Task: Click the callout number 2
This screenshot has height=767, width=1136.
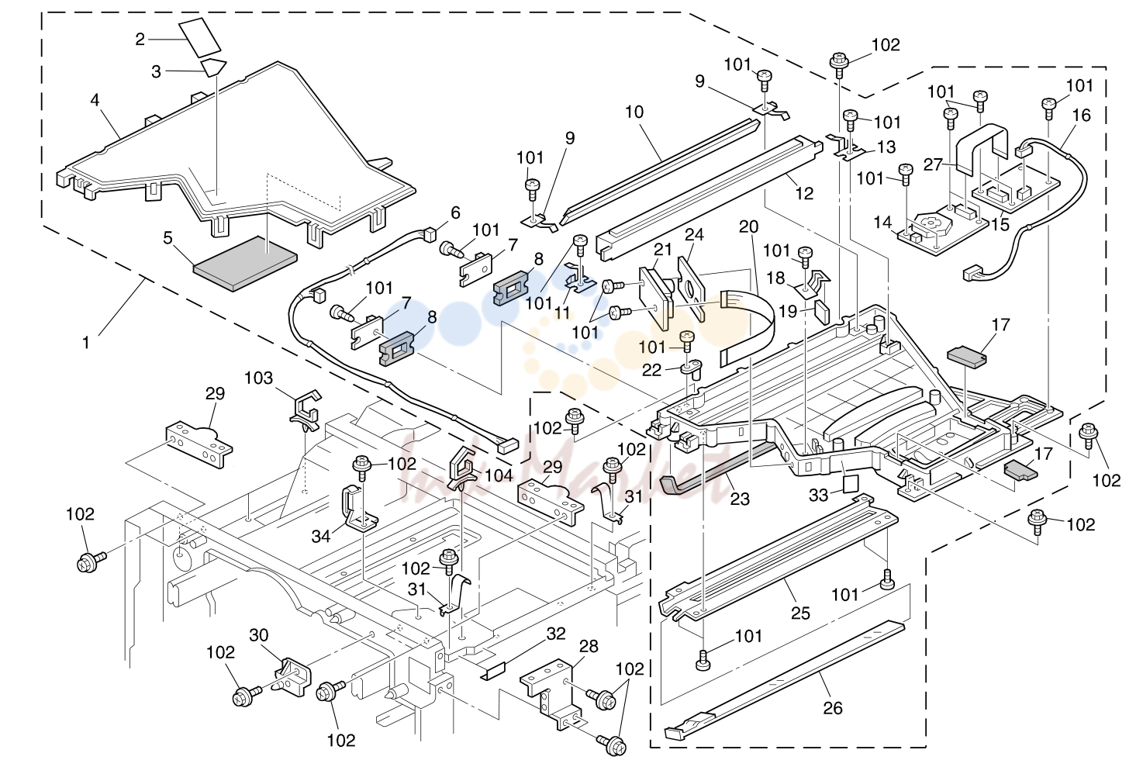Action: pyautogui.click(x=140, y=39)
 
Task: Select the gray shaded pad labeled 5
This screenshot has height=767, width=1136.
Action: pyautogui.click(x=245, y=264)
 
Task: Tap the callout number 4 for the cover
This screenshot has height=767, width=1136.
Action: pyautogui.click(x=95, y=101)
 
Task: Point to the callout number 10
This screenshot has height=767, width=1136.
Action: pyautogui.click(x=634, y=112)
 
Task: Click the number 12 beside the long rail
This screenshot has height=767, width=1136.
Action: pyautogui.click(x=804, y=193)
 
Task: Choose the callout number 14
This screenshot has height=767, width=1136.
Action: pyautogui.click(x=882, y=223)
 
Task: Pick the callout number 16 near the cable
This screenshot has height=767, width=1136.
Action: pyautogui.click(x=1082, y=116)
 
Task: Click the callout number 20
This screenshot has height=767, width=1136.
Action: pyautogui.click(x=748, y=226)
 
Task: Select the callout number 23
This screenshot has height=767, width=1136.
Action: pyautogui.click(x=740, y=499)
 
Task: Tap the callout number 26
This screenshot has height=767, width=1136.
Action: pyautogui.click(x=833, y=707)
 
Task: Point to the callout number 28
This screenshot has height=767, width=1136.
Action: pyautogui.click(x=589, y=646)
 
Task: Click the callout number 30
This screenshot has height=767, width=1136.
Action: pyautogui.click(x=259, y=635)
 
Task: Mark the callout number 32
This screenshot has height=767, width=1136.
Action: pyautogui.click(x=556, y=634)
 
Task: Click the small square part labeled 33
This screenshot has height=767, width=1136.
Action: pyautogui.click(x=851, y=484)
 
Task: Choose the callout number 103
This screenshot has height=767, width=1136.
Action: pyautogui.click(x=259, y=378)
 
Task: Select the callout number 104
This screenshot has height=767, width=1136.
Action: pyautogui.click(x=499, y=475)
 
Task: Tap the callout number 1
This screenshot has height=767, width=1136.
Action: pyautogui.click(x=86, y=343)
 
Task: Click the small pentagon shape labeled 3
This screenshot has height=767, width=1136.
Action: pyautogui.click(x=214, y=67)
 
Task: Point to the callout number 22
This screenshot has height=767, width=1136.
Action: pyautogui.click(x=651, y=370)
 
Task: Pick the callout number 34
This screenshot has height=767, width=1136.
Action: pyautogui.click(x=321, y=536)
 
